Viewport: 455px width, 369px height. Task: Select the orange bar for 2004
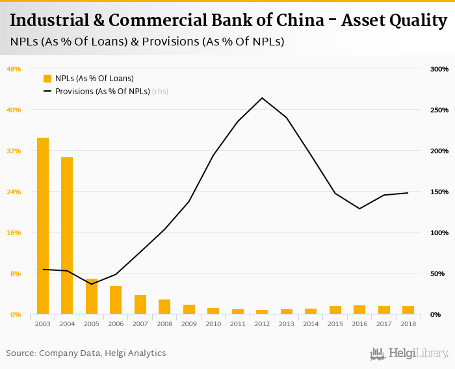67,236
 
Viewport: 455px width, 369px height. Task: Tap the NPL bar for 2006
116,300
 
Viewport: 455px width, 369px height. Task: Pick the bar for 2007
140,305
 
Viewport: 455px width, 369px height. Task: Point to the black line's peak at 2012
262,98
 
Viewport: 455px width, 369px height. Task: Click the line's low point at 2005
92,284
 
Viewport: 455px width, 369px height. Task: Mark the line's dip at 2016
359,209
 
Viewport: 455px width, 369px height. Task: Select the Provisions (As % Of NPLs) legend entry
103,92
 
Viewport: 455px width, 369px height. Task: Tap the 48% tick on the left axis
14,69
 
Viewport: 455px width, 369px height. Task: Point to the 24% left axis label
14,192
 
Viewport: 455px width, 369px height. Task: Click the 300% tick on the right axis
439,69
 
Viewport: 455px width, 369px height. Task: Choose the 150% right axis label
439,192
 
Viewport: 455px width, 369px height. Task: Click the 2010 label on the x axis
213,324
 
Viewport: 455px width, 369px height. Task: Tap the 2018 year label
408,324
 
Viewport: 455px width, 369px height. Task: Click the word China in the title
294,20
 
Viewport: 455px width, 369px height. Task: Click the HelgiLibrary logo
409,353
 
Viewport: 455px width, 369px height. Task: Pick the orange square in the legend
47,79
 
